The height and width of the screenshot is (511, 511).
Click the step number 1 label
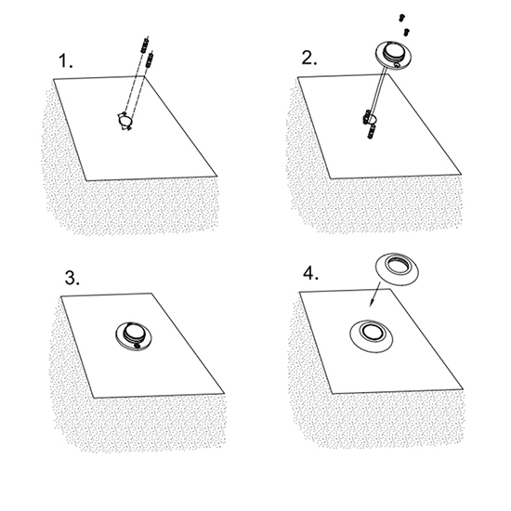66,61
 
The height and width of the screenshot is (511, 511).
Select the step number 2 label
309,58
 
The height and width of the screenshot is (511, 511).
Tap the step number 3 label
72,279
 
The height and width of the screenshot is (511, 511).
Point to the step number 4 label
311,273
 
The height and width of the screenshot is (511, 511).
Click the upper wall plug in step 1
145,45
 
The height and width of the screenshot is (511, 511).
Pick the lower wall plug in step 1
150,59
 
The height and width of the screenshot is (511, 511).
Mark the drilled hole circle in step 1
124,121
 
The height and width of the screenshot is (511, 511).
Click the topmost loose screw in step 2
402,18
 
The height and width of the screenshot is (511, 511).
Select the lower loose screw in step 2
406,32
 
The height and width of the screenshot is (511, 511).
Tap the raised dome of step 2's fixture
393,50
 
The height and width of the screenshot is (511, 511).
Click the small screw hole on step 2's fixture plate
397,65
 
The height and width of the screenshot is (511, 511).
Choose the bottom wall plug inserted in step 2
372,131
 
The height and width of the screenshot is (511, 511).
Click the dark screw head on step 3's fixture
137,345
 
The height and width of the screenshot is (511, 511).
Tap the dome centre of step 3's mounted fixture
135,332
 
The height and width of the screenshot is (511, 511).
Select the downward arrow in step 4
373,295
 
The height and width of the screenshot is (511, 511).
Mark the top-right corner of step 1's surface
144,76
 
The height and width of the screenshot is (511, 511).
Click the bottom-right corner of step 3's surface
224,394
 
